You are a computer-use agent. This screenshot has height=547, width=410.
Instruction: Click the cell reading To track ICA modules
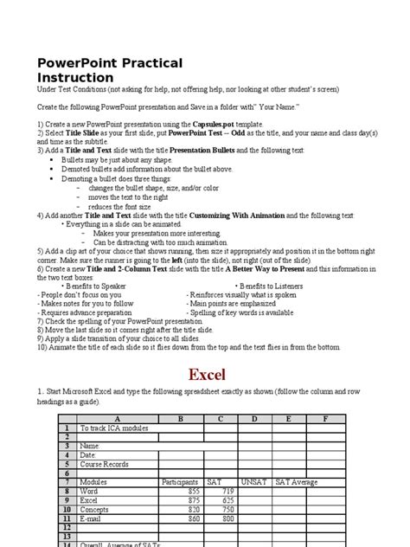(x=114, y=428)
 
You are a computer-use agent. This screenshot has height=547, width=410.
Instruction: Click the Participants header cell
(x=181, y=481)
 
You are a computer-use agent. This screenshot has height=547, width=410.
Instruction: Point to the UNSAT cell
(x=254, y=481)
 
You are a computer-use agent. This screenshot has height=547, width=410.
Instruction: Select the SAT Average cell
(x=294, y=481)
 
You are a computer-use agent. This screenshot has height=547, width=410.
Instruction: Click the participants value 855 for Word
(x=193, y=491)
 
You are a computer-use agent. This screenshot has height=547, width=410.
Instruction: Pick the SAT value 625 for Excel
(x=227, y=499)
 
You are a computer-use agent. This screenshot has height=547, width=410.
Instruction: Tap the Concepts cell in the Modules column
(x=94, y=509)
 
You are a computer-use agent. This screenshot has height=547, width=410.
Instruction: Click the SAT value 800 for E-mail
(x=227, y=518)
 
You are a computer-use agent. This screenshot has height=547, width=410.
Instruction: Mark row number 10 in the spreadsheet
(x=65, y=509)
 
